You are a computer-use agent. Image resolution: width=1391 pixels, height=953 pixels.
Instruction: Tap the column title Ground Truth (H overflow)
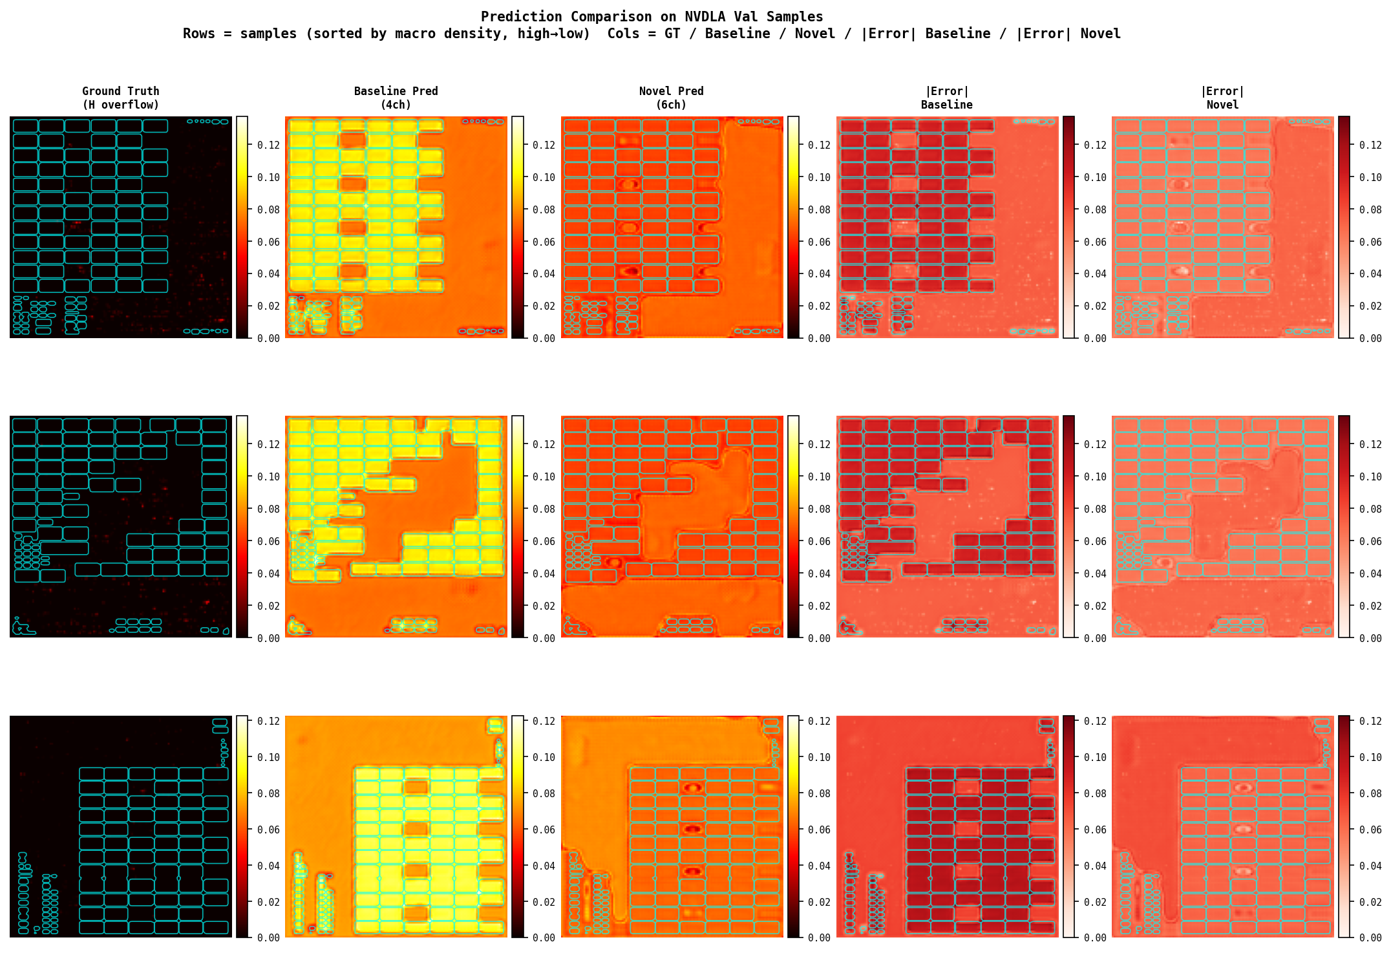pos(121,98)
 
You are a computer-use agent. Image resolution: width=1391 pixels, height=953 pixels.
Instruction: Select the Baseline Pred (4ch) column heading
pos(396,98)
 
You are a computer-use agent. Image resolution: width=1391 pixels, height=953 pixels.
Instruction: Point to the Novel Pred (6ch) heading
pos(671,98)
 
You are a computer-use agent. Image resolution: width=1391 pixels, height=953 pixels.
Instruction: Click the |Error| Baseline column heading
pos(946,98)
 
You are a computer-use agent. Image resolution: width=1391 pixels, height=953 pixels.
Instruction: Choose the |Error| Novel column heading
pos(1222,98)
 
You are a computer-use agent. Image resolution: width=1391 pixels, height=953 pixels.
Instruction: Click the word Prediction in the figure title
pos(521,17)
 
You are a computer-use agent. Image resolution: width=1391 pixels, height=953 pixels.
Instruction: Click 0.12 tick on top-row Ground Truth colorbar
pos(268,145)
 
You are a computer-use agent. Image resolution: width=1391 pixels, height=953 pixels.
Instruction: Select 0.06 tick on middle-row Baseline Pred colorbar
pos(544,541)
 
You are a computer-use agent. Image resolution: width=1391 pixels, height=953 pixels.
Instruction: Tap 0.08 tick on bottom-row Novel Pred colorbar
pos(819,793)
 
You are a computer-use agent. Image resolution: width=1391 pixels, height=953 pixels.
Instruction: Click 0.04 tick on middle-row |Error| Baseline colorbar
pos(1094,573)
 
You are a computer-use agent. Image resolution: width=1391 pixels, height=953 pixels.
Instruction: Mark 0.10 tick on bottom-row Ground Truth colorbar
pos(268,757)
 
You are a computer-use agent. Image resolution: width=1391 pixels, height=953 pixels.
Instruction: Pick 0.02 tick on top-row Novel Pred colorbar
pos(819,306)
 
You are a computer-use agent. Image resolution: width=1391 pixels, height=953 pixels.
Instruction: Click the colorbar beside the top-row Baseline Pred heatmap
pos(517,227)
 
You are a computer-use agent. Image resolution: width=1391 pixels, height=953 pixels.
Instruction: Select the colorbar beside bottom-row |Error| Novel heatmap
pos(1343,826)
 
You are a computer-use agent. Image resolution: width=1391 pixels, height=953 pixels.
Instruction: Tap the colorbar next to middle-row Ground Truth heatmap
pos(242,526)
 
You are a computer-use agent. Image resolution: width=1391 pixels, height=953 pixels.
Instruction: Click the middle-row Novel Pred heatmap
pos(671,526)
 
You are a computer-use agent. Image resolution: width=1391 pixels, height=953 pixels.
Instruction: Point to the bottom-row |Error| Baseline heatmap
pos(946,826)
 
